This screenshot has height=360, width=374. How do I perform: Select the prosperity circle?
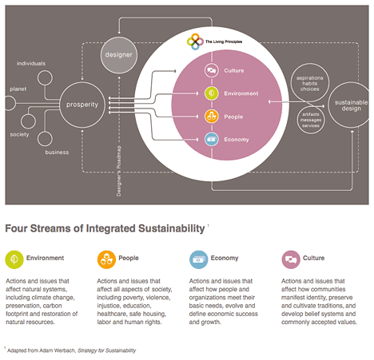pos(82,104)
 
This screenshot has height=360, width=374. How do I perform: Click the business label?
pos(57,152)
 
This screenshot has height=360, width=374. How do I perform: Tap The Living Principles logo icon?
pos(193,40)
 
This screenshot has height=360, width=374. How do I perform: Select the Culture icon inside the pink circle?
pos(212,70)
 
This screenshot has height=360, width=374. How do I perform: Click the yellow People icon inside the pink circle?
pos(212,117)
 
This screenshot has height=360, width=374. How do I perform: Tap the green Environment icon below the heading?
pos(14,259)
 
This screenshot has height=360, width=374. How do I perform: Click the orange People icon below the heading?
pos(106,259)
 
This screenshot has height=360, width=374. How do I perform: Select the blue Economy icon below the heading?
pos(198,259)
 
